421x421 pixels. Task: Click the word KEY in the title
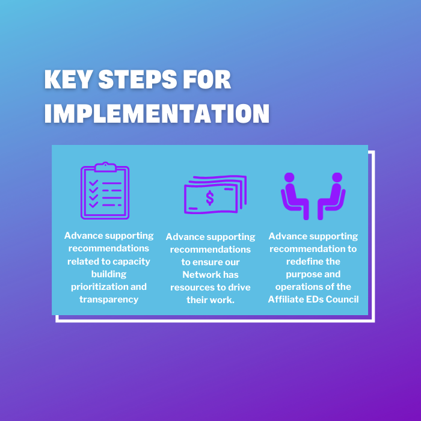(x=67, y=79)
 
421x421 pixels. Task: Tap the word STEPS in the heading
(x=138, y=79)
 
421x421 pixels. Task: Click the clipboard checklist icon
(x=105, y=191)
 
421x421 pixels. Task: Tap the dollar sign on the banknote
(x=210, y=198)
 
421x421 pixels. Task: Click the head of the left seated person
(x=289, y=177)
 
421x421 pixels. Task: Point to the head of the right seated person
(x=337, y=177)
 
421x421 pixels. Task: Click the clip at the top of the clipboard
(x=105, y=167)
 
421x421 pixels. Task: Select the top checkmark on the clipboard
(x=93, y=183)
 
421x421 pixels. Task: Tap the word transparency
(x=109, y=300)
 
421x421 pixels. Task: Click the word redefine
(x=301, y=262)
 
